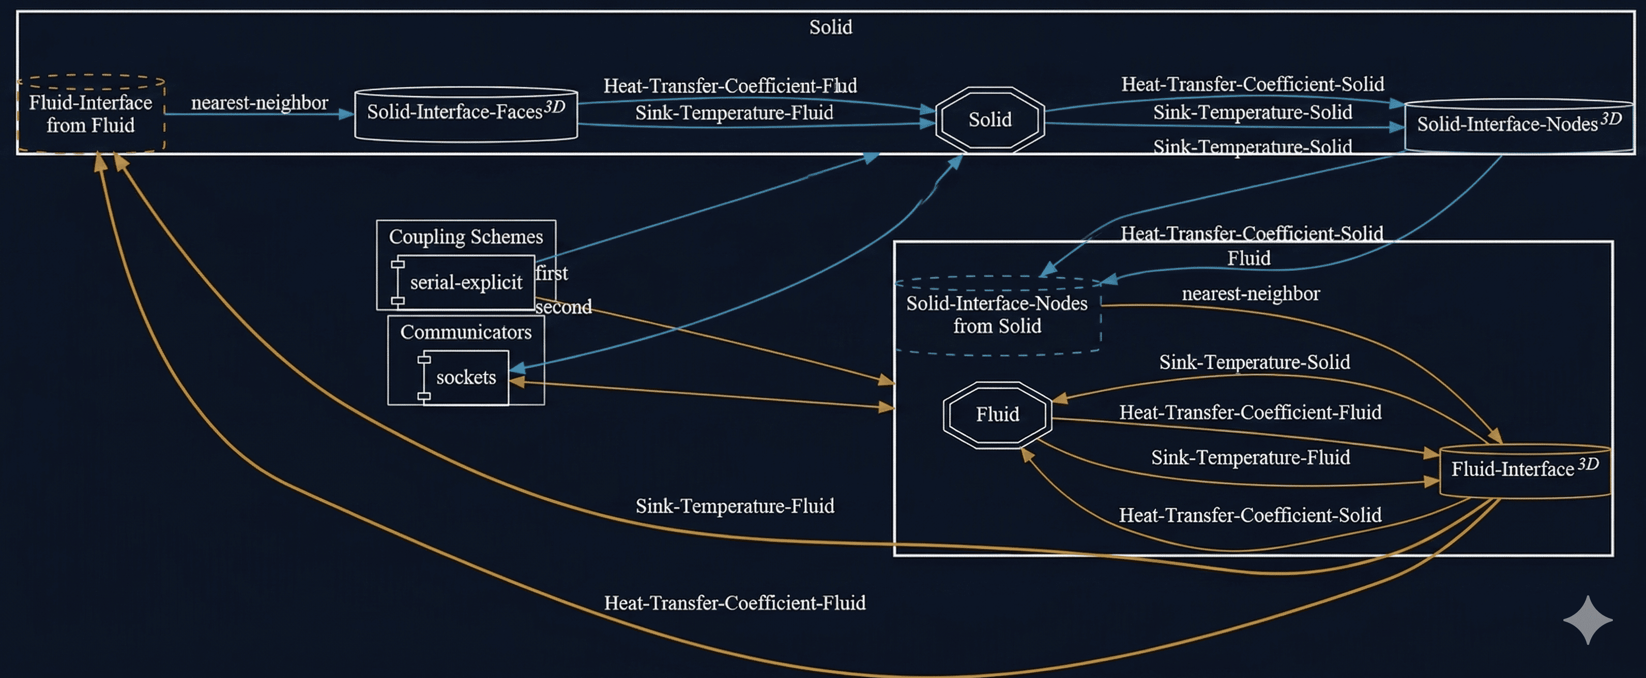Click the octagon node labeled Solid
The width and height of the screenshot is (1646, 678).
(990, 119)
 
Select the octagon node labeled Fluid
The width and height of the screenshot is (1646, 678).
(997, 415)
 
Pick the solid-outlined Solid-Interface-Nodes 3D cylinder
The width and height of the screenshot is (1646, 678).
(1518, 125)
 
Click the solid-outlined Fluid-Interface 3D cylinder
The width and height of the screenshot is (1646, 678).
(1525, 470)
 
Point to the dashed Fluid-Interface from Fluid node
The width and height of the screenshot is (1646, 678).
(91, 114)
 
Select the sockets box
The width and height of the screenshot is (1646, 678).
(466, 377)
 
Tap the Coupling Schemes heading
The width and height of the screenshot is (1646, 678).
(466, 237)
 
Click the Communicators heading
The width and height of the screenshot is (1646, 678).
(466, 332)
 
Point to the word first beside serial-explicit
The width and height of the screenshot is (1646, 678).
(552, 273)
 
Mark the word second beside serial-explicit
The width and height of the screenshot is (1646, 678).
(563, 307)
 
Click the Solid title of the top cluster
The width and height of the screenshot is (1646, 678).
(831, 27)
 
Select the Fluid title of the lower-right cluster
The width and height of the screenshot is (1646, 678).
(1248, 258)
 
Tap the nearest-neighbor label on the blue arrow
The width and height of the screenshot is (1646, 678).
(260, 102)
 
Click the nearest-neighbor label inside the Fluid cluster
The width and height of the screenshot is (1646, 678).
(1251, 294)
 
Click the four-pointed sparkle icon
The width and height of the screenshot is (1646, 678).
(1588, 620)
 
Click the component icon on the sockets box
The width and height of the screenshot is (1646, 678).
(423, 378)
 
